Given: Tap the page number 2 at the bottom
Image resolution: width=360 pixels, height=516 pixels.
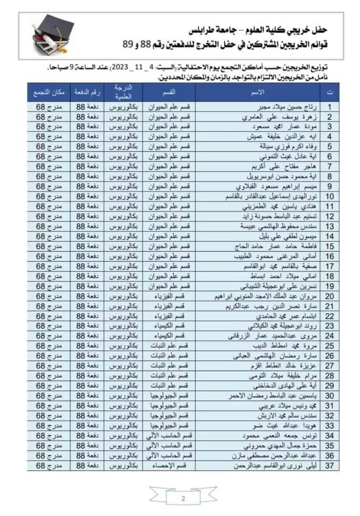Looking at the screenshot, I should pyautogui.click(x=184, y=499).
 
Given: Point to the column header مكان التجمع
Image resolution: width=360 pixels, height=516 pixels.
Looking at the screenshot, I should pyautogui.click(x=47, y=91).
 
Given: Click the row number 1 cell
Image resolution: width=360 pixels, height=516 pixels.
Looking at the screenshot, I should pyautogui.click(x=329, y=107).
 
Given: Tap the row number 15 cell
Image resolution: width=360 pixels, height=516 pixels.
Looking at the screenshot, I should pyautogui.click(x=329, y=246).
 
